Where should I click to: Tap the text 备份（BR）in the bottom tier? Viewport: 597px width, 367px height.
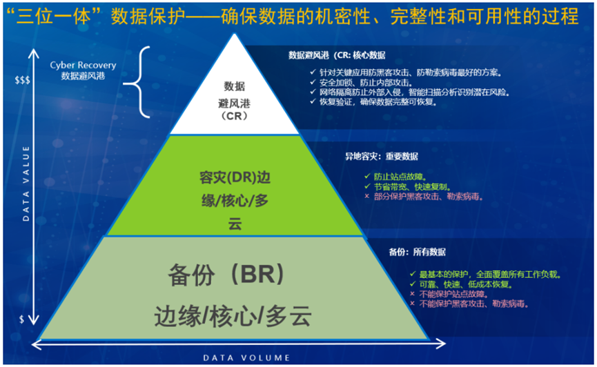[226, 274]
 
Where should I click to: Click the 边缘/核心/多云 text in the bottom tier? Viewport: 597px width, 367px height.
[233, 316]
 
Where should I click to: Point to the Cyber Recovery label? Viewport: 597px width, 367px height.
[83, 70]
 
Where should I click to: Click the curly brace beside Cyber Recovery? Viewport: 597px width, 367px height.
[137, 82]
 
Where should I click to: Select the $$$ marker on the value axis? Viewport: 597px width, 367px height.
[22, 80]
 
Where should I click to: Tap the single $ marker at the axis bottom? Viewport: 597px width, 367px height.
[21, 319]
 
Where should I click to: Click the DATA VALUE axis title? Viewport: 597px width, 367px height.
[26, 183]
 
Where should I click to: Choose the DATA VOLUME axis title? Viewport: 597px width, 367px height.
[246, 358]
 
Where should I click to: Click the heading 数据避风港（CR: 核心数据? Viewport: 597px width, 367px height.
[337, 56]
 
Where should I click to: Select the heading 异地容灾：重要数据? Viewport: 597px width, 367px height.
[382, 157]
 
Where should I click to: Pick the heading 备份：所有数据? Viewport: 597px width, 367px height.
[418, 252]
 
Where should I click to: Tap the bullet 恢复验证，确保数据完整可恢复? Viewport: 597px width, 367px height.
[378, 102]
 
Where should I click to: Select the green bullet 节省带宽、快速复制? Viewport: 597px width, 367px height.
[412, 187]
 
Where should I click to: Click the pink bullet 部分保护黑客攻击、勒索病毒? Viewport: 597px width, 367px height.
[429, 197]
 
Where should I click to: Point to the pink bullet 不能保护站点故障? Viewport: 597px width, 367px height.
[453, 295]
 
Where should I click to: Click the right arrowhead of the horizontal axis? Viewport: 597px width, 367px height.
[441, 344]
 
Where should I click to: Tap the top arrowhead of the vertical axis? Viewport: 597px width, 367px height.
[34, 52]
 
